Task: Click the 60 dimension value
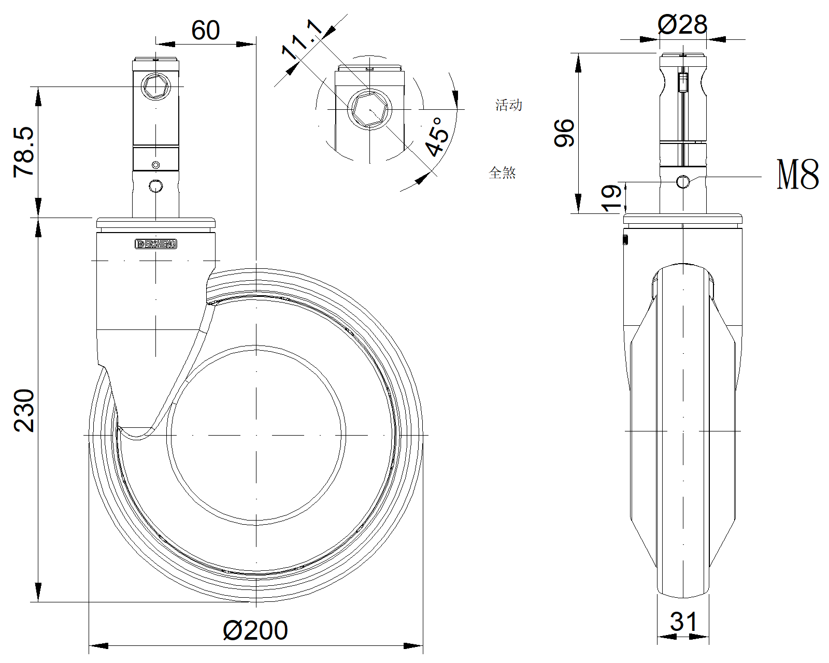click(x=205, y=30)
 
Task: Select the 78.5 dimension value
click(x=24, y=152)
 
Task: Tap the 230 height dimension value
click(x=24, y=410)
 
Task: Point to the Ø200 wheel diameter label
click(x=255, y=630)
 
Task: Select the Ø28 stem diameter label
click(x=682, y=24)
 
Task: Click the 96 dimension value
click(x=564, y=133)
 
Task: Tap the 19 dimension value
click(x=611, y=198)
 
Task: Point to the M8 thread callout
click(x=798, y=175)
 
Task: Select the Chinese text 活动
click(x=508, y=105)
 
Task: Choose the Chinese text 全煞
click(x=502, y=172)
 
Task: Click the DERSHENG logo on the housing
click(x=156, y=244)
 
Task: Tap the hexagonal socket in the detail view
click(x=370, y=109)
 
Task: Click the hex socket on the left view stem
click(x=156, y=86)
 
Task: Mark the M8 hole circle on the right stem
click(x=683, y=181)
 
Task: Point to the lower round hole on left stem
click(x=155, y=186)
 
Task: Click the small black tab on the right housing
click(x=625, y=240)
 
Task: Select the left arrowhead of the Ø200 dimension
click(x=98, y=646)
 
